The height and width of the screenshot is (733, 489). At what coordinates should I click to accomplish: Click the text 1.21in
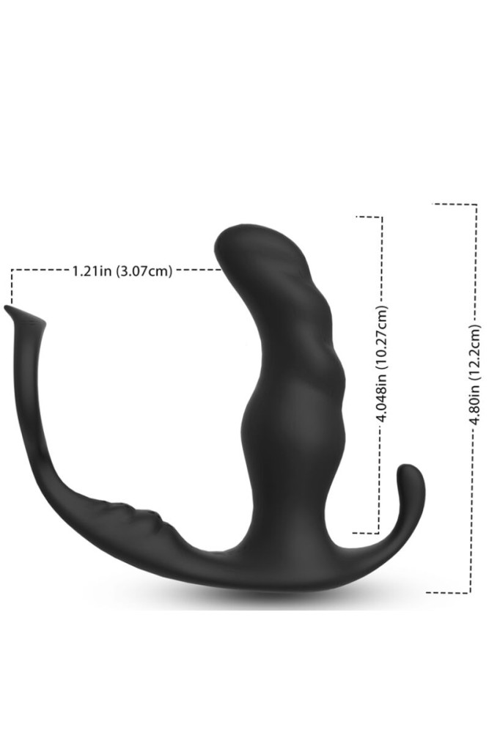click(x=92, y=271)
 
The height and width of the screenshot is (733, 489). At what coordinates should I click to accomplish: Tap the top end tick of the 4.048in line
click(x=369, y=217)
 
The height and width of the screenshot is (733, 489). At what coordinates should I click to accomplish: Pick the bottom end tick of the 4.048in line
click(x=366, y=533)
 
